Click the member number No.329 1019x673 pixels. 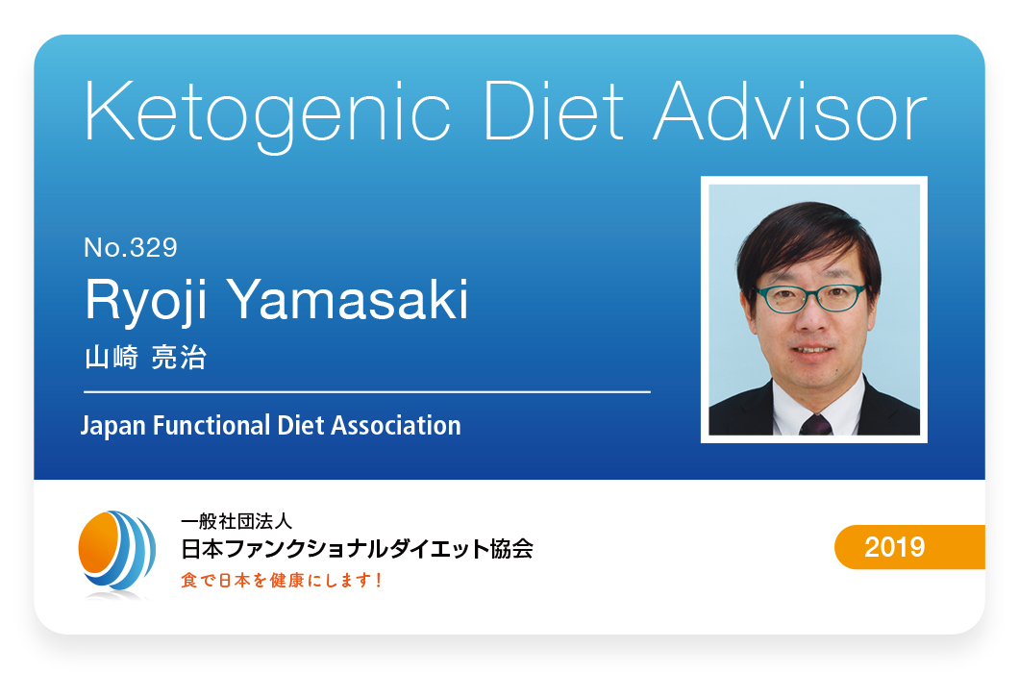[x=131, y=248]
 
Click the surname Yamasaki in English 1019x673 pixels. [x=348, y=299]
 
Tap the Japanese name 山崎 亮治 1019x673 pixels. [x=145, y=358]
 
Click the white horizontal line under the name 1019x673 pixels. [x=367, y=392]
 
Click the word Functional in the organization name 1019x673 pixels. [x=211, y=425]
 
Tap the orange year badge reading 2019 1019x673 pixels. [x=909, y=547]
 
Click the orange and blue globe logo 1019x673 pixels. [x=116, y=553]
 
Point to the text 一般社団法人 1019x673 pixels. [x=236, y=521]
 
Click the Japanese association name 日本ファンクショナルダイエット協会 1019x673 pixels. [x=357, y=549]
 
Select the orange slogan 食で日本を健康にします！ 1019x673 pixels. [x=282, y=580]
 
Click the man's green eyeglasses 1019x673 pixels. [x=809, y=298]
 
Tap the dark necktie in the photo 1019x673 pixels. [x=816, y=424]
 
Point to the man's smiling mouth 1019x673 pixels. [x=812, y=350]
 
